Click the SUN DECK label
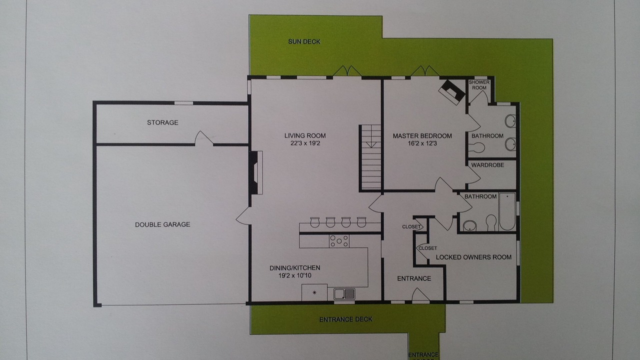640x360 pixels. (x=304, y=41)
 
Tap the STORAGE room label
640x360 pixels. (x=162, y=122)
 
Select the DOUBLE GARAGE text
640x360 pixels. (x=162, y=224)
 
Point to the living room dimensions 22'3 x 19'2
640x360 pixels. (x=305, y=143)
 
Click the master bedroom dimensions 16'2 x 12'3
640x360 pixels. (x=422, y=143)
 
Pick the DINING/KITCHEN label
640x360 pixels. (x=295, y=268)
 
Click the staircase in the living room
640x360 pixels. (x=370, y=157)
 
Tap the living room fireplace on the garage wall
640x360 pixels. (x=255, y=173)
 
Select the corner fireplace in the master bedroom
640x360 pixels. (x=451, y=92)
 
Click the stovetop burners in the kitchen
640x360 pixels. (x=339, y=241)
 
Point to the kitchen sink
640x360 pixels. (x=344, y=294)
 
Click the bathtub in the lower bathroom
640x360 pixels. (x=507, y=211)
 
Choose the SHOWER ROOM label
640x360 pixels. (x=479, y=85)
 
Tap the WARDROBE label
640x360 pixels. (x=487, y=165)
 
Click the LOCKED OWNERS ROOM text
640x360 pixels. (x=473, y=257)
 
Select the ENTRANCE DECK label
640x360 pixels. (x=346, y=319)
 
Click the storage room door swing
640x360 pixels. (x=203, y=138)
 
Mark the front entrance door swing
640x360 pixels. (x=420, y=294)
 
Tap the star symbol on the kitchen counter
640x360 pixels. (x=314, y=292)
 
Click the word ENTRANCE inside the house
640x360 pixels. (x=414, y=278)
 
